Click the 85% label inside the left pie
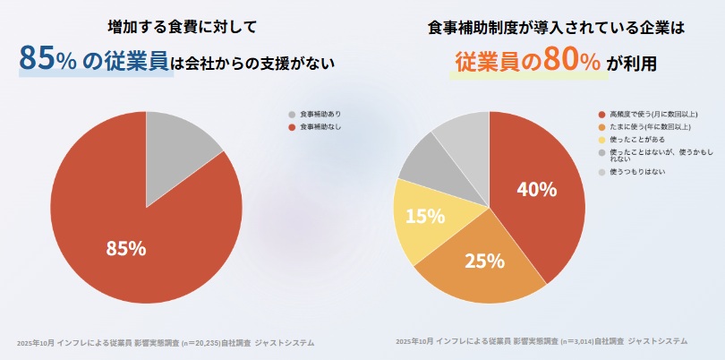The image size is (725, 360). [125, 249]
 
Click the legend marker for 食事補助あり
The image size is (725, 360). [292, 115]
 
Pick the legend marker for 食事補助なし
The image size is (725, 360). [292, 128]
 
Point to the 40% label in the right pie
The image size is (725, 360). [537, 189]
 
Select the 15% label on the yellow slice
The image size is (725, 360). [425, 216]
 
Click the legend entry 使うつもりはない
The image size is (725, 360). [638, 171]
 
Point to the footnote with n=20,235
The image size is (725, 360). [166, 342]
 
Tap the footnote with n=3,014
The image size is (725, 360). [541, 342]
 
